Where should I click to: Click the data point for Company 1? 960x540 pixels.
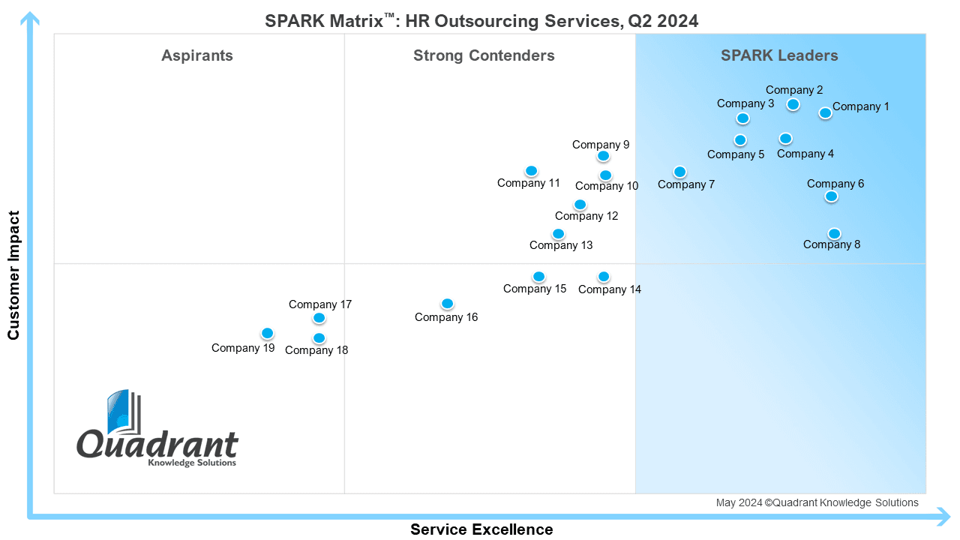[x=826, y=113]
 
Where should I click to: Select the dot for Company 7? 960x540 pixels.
[x=679, y=172]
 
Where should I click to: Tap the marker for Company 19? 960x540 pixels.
[x=268, y=333]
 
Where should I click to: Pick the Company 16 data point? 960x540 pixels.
[x=448, y=304]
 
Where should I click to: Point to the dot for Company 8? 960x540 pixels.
[x=834, y=233]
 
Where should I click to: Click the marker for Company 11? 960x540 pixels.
[x=532, y=170]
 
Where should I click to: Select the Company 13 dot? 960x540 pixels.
[x=558, y=233]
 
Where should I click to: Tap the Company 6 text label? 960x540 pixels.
[x=835, y=184]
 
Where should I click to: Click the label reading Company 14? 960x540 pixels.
[x=610, y=289]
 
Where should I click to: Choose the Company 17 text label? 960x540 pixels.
[x=320, y=304]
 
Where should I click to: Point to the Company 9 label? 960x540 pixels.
[x=601, y=145]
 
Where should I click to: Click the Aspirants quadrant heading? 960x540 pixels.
[x=197, y=55]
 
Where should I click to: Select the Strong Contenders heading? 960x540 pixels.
[x=484, y=55]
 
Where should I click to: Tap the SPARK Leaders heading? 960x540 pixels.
[x=779, y=55]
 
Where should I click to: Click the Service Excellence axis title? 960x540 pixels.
[x=481, y=529]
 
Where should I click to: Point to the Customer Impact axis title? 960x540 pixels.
[x=13, y=275]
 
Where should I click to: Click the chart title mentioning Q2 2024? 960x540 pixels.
[x=481, y=21]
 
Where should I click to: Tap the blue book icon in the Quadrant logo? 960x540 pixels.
[x=124, y=412]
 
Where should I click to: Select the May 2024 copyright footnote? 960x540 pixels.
[x=817, y=502]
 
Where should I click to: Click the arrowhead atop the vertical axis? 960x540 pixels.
[x=30, y=19]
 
